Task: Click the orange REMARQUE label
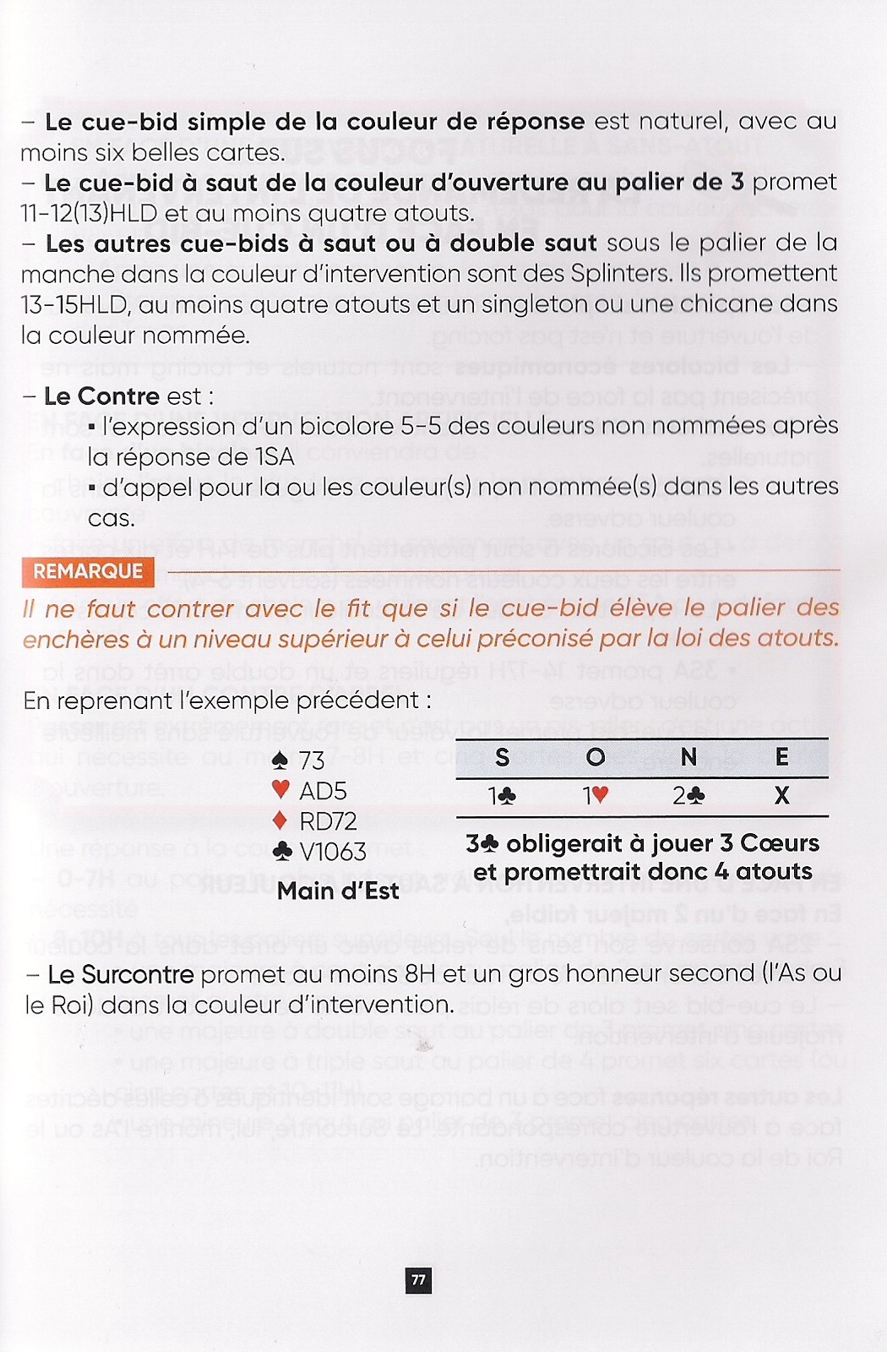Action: click(88, 571)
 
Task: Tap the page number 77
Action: click(418, 1280)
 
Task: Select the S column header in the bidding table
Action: click(502, 757)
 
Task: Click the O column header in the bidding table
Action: click(596, 757)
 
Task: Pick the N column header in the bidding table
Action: click(688, 757)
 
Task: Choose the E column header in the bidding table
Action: click(781, 757)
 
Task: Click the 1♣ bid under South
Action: click(502, 796)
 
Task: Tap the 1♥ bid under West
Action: click(596, 796)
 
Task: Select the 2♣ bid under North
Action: click(688, 796)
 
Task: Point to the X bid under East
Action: click(781, 796)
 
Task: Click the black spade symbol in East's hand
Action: click(281, 760)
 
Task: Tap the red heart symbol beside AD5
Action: click(281, 790)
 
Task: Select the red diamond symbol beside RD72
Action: click(281, 820)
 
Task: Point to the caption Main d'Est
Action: click(338, 891)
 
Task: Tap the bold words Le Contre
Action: click(101, 396)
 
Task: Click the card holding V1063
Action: click(333, 851)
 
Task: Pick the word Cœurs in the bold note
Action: click(779, 843)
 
